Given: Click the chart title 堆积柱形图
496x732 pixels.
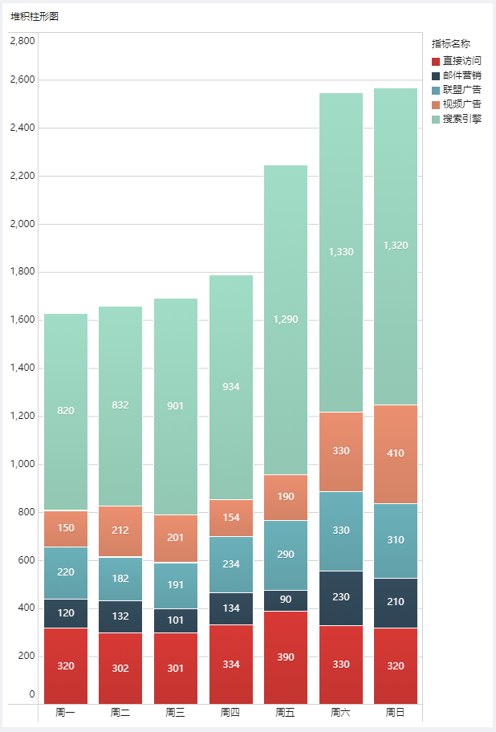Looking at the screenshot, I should [x=35, y=16].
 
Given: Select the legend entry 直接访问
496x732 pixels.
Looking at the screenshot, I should [x=461, y=61].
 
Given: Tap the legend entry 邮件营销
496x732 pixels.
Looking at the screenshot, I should [x=461, y=75].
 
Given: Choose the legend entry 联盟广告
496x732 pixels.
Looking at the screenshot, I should [x=461, y=90].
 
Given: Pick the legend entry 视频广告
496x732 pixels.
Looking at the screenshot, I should [x=461, y=104].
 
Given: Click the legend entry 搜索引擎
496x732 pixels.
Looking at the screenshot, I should [x=461, y=119].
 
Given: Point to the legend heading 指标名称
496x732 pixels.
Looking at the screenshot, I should [x=450, y=44].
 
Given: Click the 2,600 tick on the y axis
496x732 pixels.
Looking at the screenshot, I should [x=22, y=80].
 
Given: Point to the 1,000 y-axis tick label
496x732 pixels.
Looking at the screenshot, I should [x=22, y=464].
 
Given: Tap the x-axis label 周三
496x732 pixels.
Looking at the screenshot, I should [x=175, y=712].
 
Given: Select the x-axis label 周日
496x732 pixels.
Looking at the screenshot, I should [x=395, y=712].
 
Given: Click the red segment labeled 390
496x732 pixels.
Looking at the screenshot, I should [x=285, y=657].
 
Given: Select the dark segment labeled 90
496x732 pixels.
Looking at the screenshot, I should [x=285, y=600].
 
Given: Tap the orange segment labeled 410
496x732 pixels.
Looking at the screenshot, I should [x=395, y=453].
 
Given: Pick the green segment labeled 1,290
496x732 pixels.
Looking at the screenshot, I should [x=285, y=319].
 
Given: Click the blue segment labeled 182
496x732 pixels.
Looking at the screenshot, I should [x=120, y=579].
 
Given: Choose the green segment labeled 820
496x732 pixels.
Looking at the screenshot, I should [x=66, y=411].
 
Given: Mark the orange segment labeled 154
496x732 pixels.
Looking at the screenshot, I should [x=230, y=518].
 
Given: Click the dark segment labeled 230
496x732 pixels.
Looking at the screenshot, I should [x=340, y=598].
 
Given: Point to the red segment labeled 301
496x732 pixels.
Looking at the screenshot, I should [x=175, y=668].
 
